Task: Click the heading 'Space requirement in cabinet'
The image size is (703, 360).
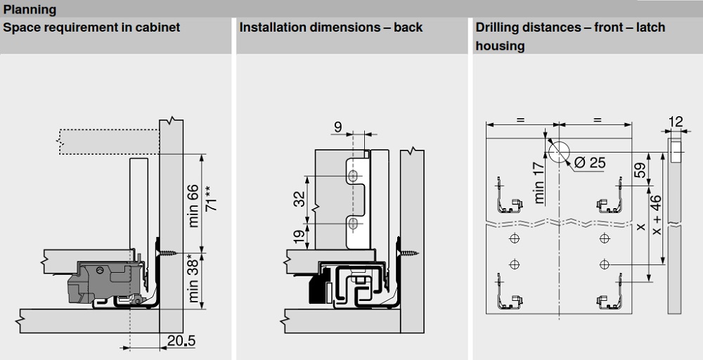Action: [x=92, y=27]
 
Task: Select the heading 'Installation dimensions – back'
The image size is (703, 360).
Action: [x=331, y=27]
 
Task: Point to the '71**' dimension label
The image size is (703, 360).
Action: [x=210, y=200]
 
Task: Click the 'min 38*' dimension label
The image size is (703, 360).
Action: [x=193, y=281]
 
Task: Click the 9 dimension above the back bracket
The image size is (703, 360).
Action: [x=338, y=127]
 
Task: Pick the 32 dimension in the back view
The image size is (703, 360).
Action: [x=298, y=200]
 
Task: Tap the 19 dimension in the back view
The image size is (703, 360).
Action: [x=298, y=236]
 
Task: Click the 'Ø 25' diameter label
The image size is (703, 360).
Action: [x=589, y=163]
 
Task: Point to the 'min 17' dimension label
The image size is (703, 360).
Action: [x=540, y=182]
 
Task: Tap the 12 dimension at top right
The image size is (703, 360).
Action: [x=675, y=122]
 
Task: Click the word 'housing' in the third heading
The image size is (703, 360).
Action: [x=500, y=46]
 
